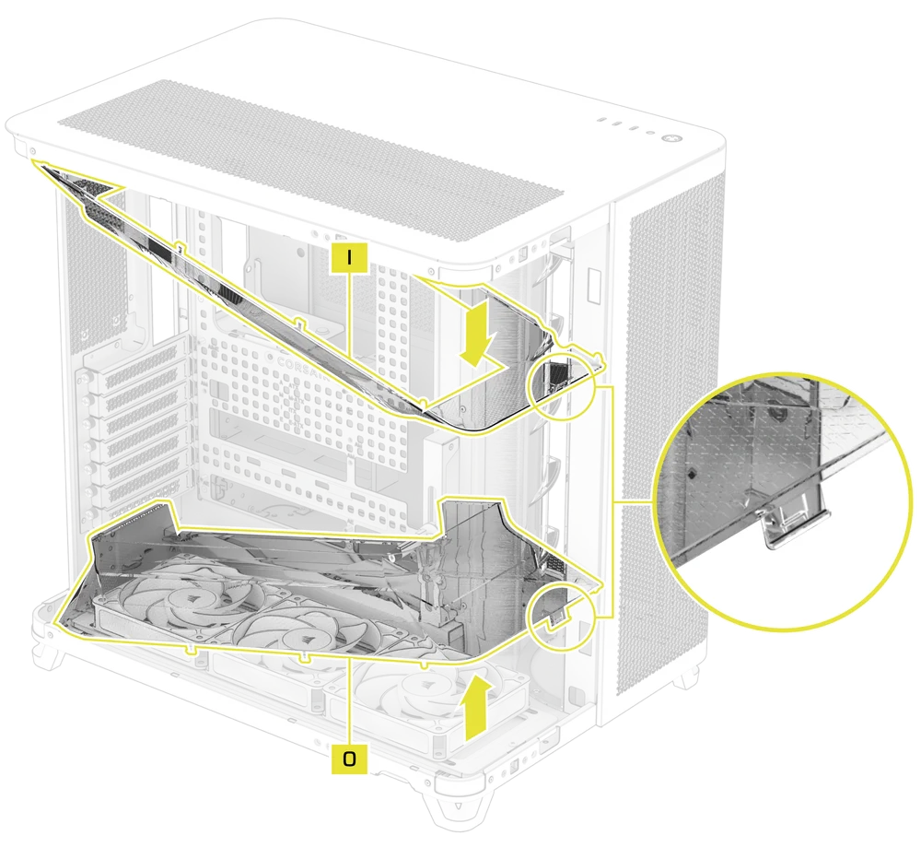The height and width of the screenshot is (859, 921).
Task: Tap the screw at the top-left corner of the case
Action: [34, 149]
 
